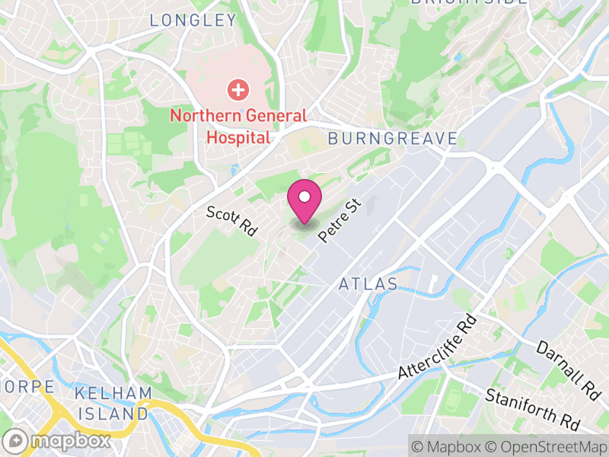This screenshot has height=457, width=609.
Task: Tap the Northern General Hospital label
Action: point(238,126)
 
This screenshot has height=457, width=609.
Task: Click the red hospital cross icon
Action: point(238,91)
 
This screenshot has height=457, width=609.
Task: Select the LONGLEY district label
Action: point(193,21)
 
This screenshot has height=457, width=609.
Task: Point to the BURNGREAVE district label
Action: point(393,139)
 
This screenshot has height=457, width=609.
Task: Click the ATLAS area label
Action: point(368,284)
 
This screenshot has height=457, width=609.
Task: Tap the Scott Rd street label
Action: point(232,222)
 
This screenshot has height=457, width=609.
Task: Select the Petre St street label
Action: point(338,221)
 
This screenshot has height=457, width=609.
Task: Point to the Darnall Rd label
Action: point(568,371)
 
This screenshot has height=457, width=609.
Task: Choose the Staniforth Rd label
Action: point(533,410)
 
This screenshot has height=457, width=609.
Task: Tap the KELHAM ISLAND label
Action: point(111,404)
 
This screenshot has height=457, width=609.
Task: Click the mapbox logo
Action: point(58,441)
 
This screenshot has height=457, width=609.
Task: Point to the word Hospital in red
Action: point(238,138)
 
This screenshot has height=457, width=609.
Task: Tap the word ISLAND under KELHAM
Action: point(111,414)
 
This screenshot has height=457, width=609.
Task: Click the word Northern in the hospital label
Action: point(201,116)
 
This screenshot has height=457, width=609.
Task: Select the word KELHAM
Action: point(111,394)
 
